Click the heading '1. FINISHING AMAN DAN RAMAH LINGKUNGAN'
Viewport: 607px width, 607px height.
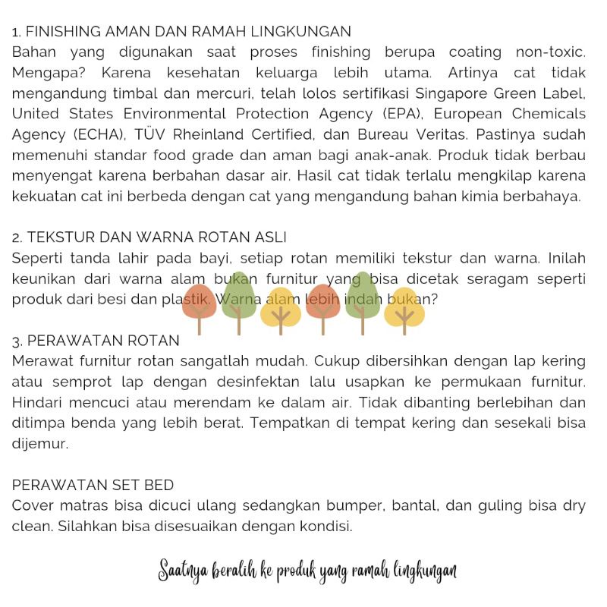point(181,32)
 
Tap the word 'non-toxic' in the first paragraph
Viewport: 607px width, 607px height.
point(550,52)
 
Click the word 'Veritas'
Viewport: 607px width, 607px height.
point(433,134)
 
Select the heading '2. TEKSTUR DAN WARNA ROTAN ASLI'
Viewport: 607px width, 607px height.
point(149,237)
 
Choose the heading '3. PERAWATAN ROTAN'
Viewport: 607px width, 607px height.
point(96,340)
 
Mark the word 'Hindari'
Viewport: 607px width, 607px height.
point(38,401)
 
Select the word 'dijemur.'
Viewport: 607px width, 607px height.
point(40,443)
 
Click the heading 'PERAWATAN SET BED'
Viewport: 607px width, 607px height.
point(93,484)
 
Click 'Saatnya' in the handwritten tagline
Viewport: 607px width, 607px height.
point(182,571)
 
